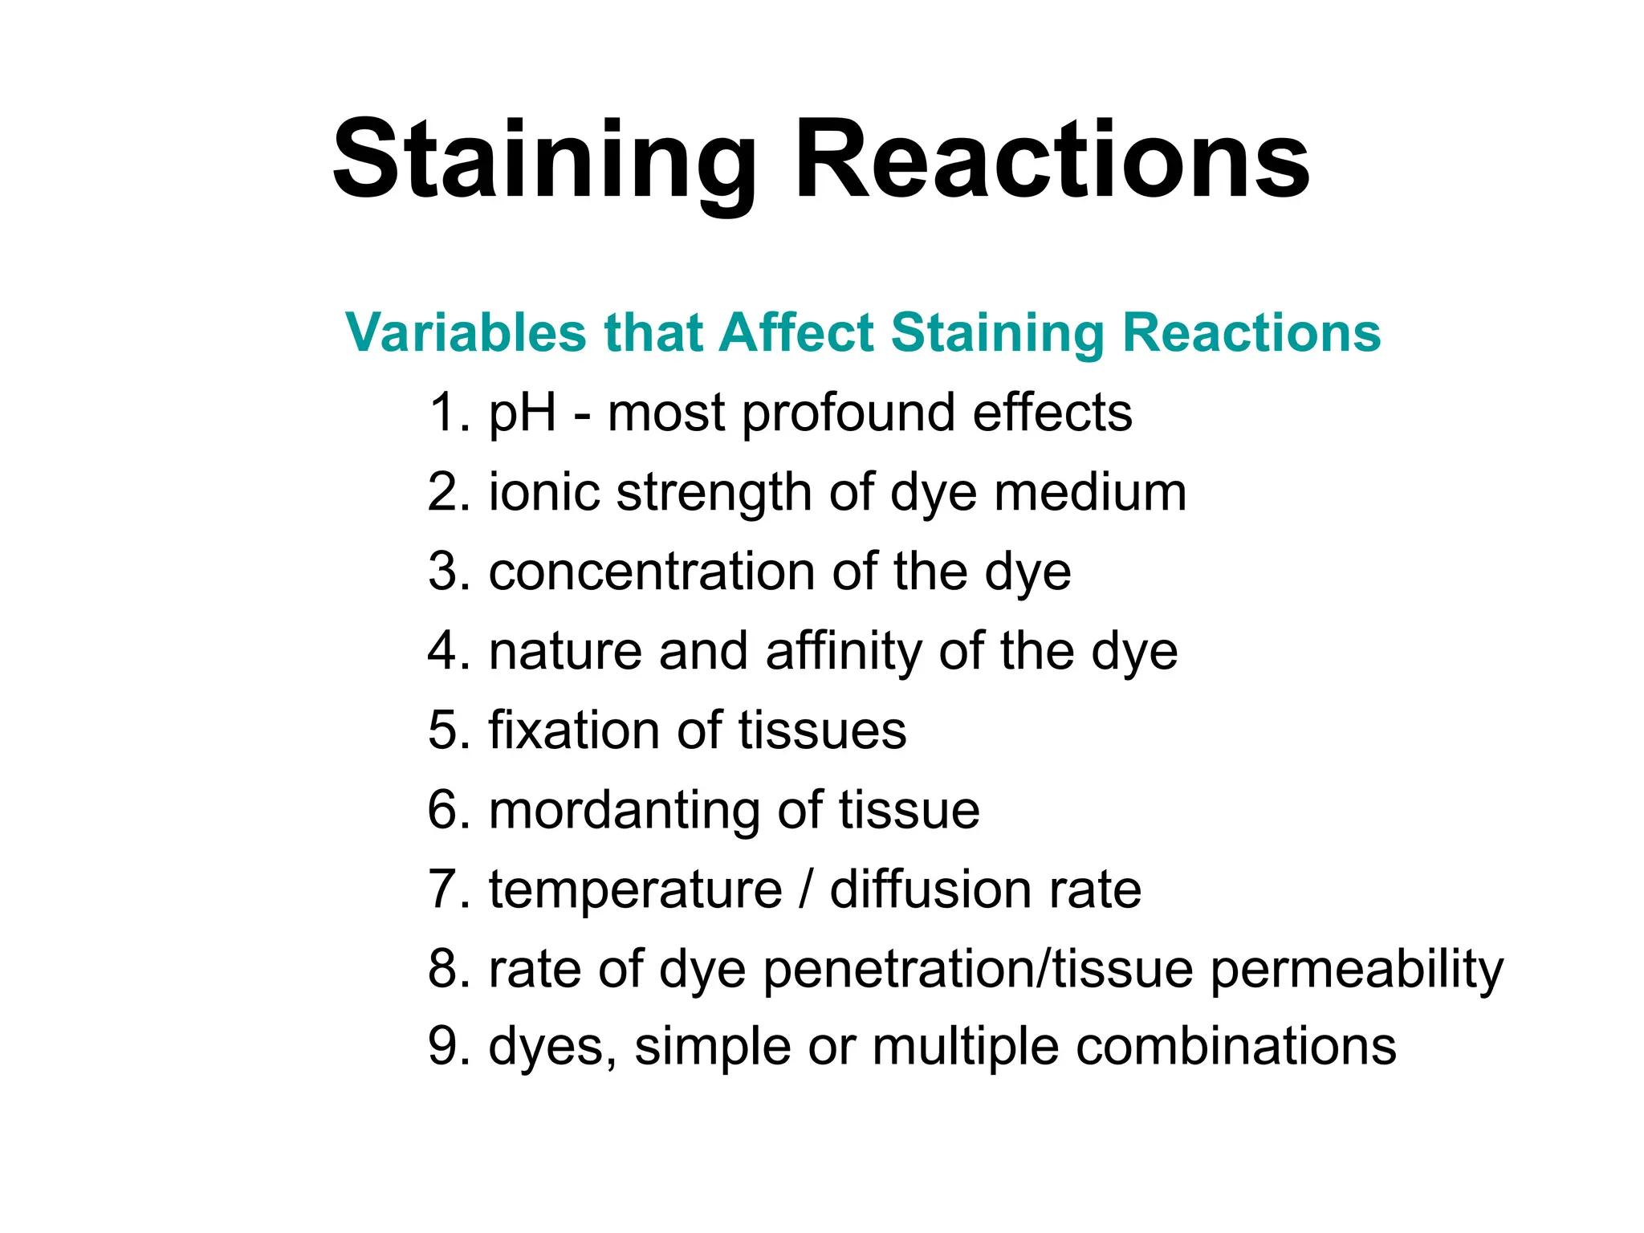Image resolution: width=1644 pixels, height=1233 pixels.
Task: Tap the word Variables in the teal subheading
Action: tap(466, 332)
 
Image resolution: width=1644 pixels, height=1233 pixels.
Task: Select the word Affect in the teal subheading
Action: tap(796, 332)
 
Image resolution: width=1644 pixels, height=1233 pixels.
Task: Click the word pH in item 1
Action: tap(523, 414)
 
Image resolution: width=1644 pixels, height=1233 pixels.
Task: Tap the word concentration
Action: tap(652, 572)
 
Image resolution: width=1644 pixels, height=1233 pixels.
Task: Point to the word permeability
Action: tap(1357, 970)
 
